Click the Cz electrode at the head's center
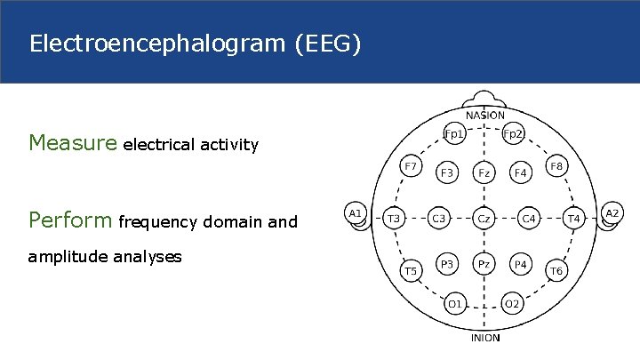click(484, 217)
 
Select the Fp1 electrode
click(454, 134)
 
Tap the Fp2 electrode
click(513, 134)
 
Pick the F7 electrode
click(410, 166)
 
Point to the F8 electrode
click(556, 166)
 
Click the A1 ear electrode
click(355, 213)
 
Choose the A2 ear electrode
click(612, 213)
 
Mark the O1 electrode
click(454, 303)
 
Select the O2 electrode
click(513, 303)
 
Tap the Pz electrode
click(484, 264)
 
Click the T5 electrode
click(410, 269)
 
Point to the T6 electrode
click(556, 270)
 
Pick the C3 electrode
click(439, 217)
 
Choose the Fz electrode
click(484, 173)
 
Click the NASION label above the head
click(484, 115)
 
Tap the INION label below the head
click(484, 338)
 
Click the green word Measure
click(73, 142)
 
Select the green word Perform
click(70, 220)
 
